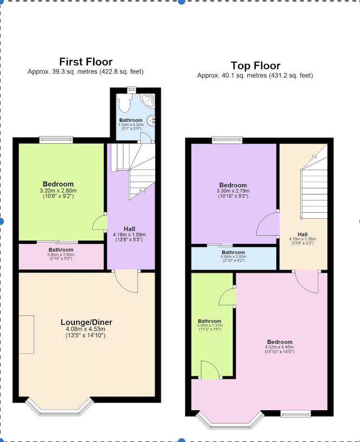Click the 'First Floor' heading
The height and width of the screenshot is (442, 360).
click(86, 62)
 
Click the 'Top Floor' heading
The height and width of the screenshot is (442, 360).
click(255, 65)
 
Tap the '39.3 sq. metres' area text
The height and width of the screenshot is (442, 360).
click(86, 72)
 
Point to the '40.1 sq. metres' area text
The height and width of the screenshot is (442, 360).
click(255, 75)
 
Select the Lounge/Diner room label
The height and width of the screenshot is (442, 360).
click(86, 322)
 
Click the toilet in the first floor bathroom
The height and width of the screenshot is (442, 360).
click(124, 101)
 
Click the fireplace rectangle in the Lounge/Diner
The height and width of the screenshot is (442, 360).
click(26, 334)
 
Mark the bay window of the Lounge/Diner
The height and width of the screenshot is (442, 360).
click(59, 408)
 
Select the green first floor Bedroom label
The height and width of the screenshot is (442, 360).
click(58, 184)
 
